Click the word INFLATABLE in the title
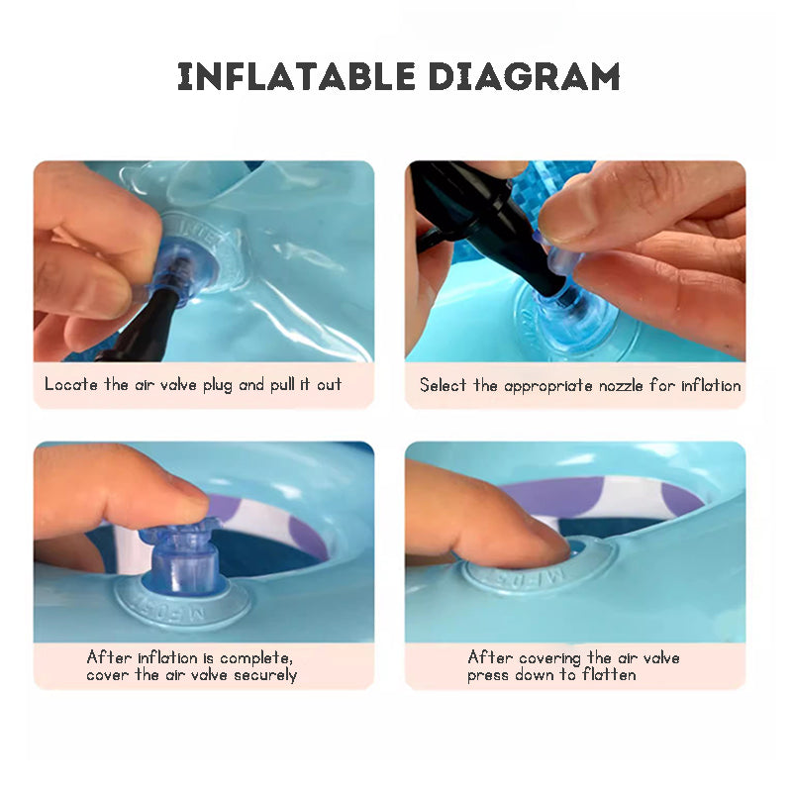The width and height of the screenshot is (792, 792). (296, 77)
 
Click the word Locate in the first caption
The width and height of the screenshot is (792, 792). (71, 384)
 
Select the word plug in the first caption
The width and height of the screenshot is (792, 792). (217, 386)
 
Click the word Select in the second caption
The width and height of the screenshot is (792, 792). (443, 385)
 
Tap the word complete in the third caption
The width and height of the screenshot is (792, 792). (255, 658)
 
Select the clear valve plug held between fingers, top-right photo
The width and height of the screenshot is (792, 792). (560, 255)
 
